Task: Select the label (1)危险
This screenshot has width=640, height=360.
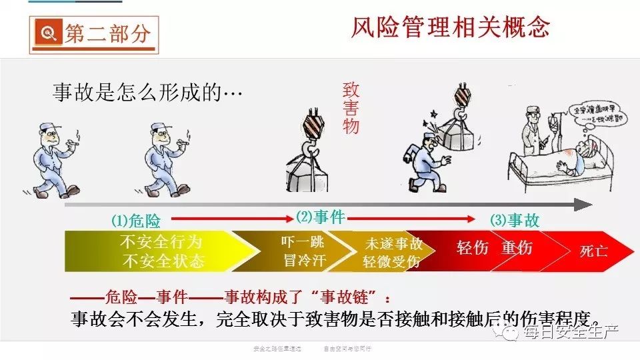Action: pyautogui.click(x=136, y=221)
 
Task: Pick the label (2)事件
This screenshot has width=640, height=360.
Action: pyautogui.click(x=320, y=217)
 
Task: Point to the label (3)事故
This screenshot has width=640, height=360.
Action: pyautogui.click(x=515, y=221)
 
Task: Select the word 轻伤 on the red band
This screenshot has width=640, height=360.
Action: pyautogui.click(x=473, y=248)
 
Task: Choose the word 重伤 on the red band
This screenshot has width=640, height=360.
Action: pyautogui.click(x=517, y=248)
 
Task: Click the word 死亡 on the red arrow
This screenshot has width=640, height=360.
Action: pyautogui.click(x=593, y=251)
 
